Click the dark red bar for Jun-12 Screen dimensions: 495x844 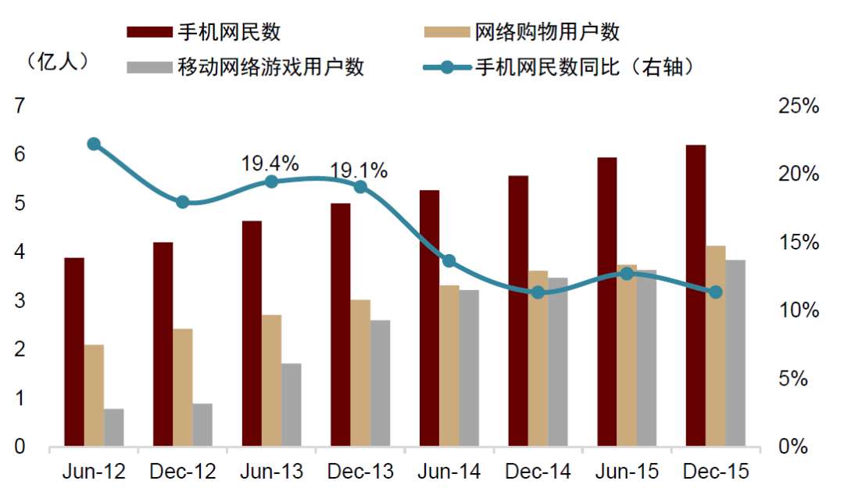74,352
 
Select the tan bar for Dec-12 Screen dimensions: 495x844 183,388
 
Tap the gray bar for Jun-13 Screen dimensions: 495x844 291,405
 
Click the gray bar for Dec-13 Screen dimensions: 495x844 381,383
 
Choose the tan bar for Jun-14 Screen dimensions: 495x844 449,366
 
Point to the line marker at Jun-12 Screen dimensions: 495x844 94,144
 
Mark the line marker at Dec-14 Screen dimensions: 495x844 538,292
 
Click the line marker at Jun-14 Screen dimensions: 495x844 449,261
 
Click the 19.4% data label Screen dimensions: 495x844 270,164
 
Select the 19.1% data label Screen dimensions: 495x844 359,170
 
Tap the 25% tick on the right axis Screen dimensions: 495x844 799,106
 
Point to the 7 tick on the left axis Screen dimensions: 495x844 19,106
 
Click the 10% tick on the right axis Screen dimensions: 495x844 799,310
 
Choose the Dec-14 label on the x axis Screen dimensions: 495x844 538,472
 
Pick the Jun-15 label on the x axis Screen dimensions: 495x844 627,472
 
